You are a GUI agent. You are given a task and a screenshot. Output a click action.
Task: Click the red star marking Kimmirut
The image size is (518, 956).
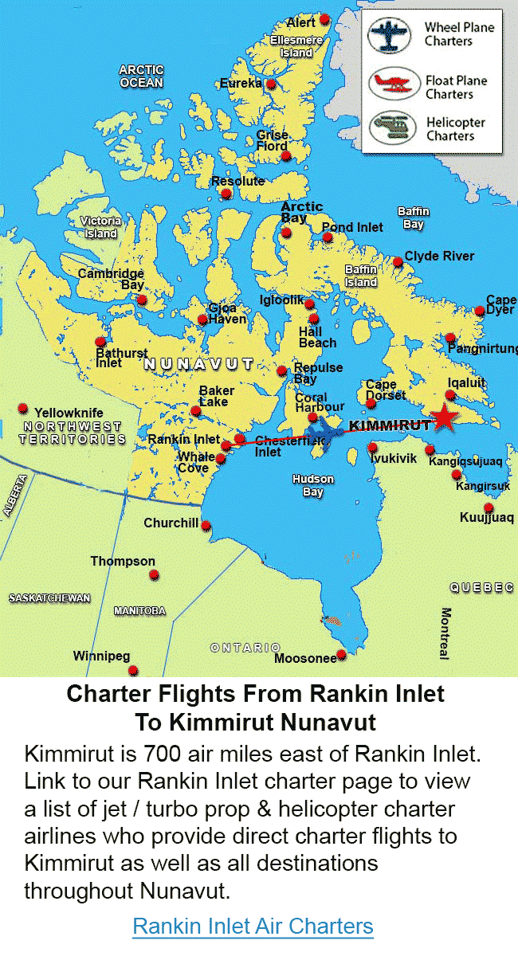(444, 417)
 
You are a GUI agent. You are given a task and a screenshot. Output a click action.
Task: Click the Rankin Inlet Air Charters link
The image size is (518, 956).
(253, 927)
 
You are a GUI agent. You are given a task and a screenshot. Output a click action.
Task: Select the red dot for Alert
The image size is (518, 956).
(324, 19)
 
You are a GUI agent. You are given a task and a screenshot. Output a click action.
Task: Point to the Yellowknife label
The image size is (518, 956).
(69, 413)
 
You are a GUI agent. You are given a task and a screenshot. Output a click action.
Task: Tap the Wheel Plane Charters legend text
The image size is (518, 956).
(459, 34)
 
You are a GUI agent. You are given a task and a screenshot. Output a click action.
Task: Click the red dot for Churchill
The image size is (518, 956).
(206, 526)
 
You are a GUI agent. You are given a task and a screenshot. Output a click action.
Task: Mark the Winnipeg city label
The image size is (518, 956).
(101, 656)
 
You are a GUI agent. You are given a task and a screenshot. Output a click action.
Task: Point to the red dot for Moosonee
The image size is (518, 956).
(342, 655)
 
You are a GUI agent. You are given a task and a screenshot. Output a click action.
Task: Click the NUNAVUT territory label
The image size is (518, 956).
(198, 364)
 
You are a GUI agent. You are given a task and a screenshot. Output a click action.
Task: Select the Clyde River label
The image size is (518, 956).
(439, 256)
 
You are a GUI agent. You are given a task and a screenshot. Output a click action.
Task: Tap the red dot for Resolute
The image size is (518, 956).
(226, 194)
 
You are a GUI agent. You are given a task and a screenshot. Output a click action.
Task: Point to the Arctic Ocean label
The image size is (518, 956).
(141, 76)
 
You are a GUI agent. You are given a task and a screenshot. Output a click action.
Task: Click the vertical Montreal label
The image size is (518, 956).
(445, 633)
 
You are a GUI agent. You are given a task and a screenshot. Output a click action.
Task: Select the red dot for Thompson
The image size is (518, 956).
(154, 574)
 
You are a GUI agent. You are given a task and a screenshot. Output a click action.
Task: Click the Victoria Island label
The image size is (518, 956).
(101, 227)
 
